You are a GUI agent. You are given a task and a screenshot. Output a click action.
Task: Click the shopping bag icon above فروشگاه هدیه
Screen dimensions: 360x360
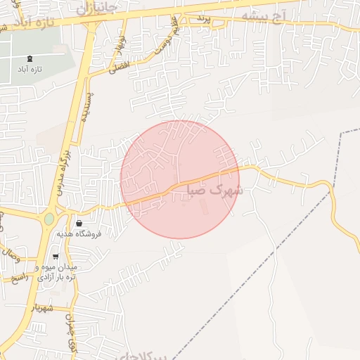point(78,223)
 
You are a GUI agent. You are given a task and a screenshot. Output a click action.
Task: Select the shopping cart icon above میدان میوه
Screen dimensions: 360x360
point(56,257)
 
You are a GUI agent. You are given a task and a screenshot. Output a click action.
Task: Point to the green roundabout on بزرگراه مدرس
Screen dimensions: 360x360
point(49,219)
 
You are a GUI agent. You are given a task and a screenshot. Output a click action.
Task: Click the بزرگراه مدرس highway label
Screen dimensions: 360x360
point(63,169)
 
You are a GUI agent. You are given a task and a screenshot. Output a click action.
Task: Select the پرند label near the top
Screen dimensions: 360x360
point(202,17)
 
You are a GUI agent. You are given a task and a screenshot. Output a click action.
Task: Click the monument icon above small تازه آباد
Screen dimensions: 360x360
point(30,59)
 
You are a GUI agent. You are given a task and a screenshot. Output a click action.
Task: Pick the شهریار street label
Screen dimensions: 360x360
point(42,307)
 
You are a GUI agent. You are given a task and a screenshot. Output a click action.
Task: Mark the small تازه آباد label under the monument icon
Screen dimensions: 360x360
point(30,71)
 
